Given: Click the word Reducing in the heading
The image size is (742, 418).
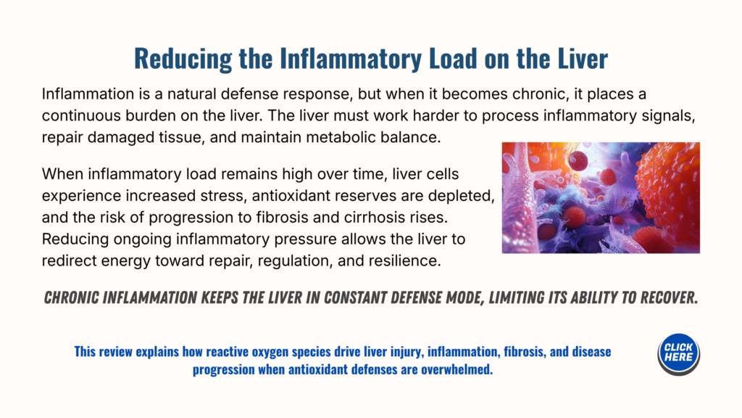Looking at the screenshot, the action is click(183, 59).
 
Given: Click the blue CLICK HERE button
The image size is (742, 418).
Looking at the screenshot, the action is click(678, 353).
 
